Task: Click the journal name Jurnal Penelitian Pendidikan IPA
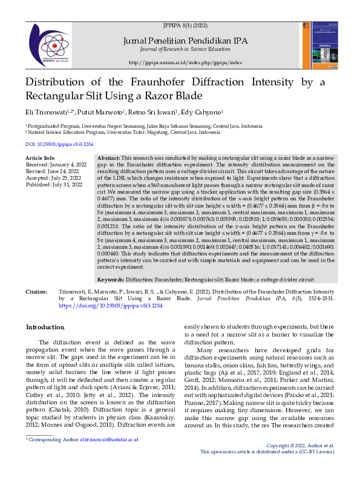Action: (x=185, y=41)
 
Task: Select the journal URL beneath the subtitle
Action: (x=185, y=62)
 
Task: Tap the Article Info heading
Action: (x=40, y=157)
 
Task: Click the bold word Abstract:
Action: (x=108, y=157)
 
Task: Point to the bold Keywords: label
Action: (x=111, y=280)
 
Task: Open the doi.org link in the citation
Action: (x=111, y=306)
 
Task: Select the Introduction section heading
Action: (x=45, y=327)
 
